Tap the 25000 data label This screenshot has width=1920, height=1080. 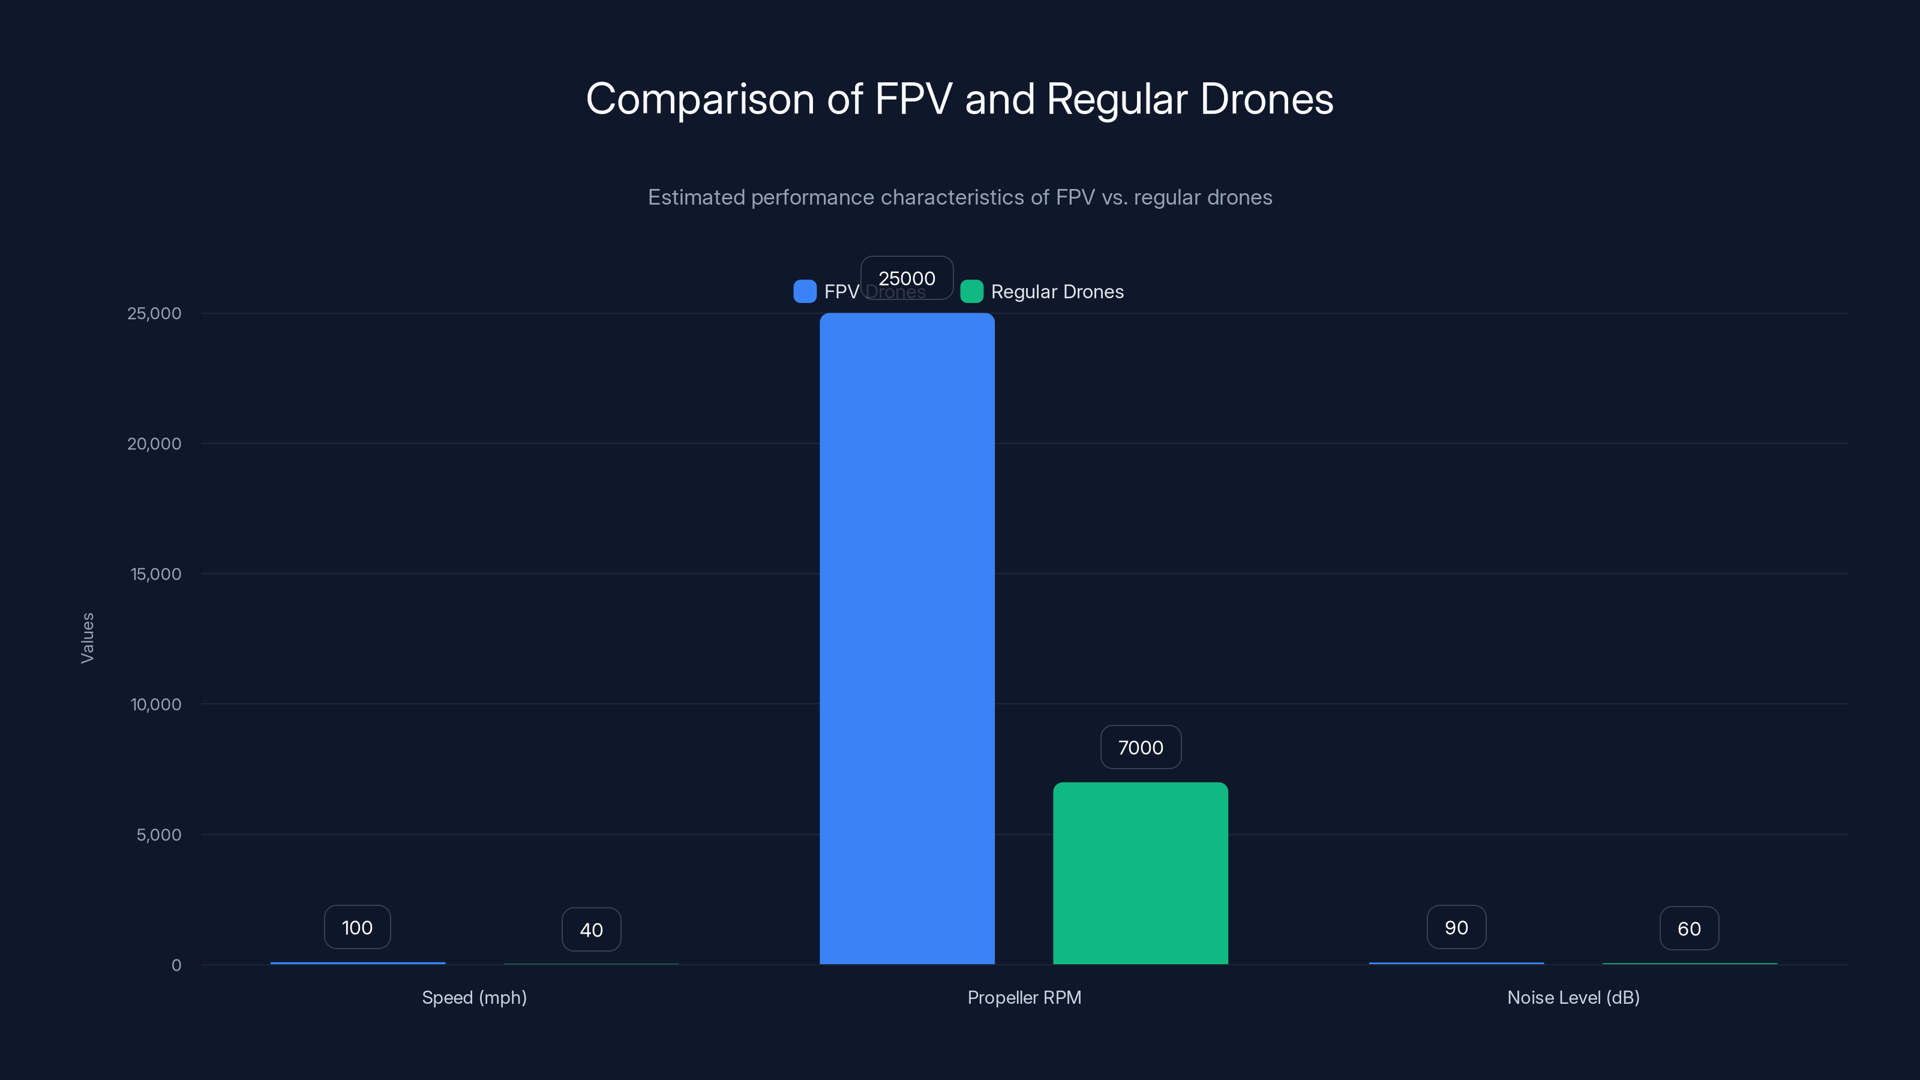pos(907,278)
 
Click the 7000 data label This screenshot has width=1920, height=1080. pos(1141,747)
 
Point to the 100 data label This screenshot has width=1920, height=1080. pos(357,927)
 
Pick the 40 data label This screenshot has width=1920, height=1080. pos(591,929)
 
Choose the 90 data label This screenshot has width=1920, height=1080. pos(1456,927)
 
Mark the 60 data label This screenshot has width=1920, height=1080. pos(1689,929)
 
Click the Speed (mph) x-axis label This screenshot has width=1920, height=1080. pos(474,997)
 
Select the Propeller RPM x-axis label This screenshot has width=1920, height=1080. pos(1024,997)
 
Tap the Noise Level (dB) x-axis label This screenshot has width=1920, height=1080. pos(1573,997)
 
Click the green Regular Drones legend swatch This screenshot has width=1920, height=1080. pos(972,292)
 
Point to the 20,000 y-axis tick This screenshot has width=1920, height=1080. pos(154,443)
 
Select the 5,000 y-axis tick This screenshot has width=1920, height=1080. pos(159,835)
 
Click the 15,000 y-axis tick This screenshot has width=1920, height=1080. pos(156,574)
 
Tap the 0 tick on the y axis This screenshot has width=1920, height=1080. pos(176,965)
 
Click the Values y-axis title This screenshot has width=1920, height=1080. pos(87,638)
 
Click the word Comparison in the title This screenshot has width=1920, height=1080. pos(700,99)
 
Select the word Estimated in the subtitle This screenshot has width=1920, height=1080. pos(696,197)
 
